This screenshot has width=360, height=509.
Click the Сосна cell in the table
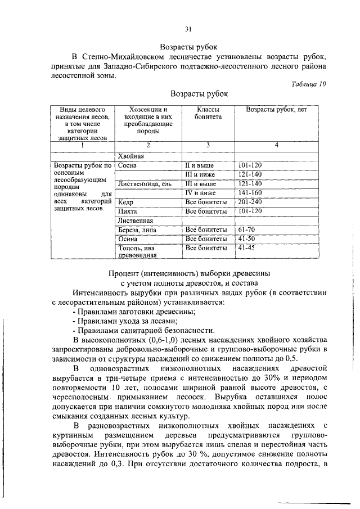click(x=128, y=166)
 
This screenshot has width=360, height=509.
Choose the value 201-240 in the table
click(x=250, y=202)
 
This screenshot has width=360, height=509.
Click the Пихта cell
click(x=127, y=211)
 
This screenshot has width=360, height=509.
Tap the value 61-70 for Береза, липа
click(x=246, y=229)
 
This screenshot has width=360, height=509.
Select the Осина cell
click(x=128, y=238)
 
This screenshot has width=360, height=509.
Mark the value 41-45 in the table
click(x=246, y=247)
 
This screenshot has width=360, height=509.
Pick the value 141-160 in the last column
click(x=250, y=193)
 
